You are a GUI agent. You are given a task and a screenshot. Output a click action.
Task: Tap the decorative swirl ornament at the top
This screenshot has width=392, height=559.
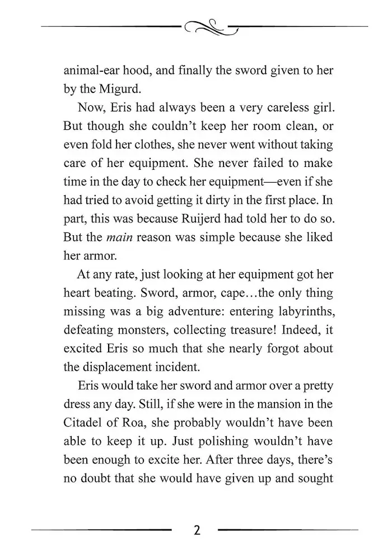208,26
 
